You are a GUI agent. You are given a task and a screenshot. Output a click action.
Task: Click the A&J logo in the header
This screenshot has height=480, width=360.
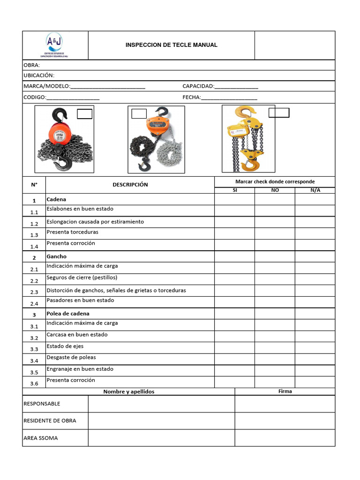[55, 45]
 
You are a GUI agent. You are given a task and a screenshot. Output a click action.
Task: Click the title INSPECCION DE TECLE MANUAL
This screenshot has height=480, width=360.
[171, 45]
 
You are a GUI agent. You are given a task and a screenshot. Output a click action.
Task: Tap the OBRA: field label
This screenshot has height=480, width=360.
[31, 65]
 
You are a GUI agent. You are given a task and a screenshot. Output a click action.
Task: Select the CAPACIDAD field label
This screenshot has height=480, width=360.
[198, 86]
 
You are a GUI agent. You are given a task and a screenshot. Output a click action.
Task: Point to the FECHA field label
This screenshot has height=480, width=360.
[191, 97]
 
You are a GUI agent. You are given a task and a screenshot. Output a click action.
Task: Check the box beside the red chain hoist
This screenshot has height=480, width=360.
[84, 114]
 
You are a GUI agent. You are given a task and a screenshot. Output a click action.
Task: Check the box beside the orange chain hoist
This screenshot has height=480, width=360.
[139, 114]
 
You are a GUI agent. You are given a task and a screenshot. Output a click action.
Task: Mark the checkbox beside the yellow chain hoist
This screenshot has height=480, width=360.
[279, 112]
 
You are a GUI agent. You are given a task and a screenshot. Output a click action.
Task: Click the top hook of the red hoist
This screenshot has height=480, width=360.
[60, 114]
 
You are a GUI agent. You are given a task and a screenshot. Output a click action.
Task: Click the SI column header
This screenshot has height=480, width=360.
[235, 190]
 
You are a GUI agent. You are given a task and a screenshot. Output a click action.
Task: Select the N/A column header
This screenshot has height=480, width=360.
[315, 190]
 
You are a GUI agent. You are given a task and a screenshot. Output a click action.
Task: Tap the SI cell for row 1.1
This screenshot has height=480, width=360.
[234, 210]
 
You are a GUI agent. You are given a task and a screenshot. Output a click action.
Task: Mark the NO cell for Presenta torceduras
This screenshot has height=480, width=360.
[275, 233]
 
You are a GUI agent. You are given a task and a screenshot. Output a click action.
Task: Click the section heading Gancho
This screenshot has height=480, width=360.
[56, 256]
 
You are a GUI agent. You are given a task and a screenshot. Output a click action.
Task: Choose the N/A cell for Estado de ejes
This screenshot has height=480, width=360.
[315, 348]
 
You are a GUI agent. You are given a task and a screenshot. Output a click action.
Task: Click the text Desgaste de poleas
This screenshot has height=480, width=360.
[71, 357]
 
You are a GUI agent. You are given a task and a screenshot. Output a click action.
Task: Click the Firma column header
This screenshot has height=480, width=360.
[285, 391]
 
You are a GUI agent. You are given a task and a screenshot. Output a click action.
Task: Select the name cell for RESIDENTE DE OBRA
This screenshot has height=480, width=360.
[161, 420]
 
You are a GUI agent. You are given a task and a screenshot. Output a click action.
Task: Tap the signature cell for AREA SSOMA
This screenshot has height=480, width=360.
[285, 438]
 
